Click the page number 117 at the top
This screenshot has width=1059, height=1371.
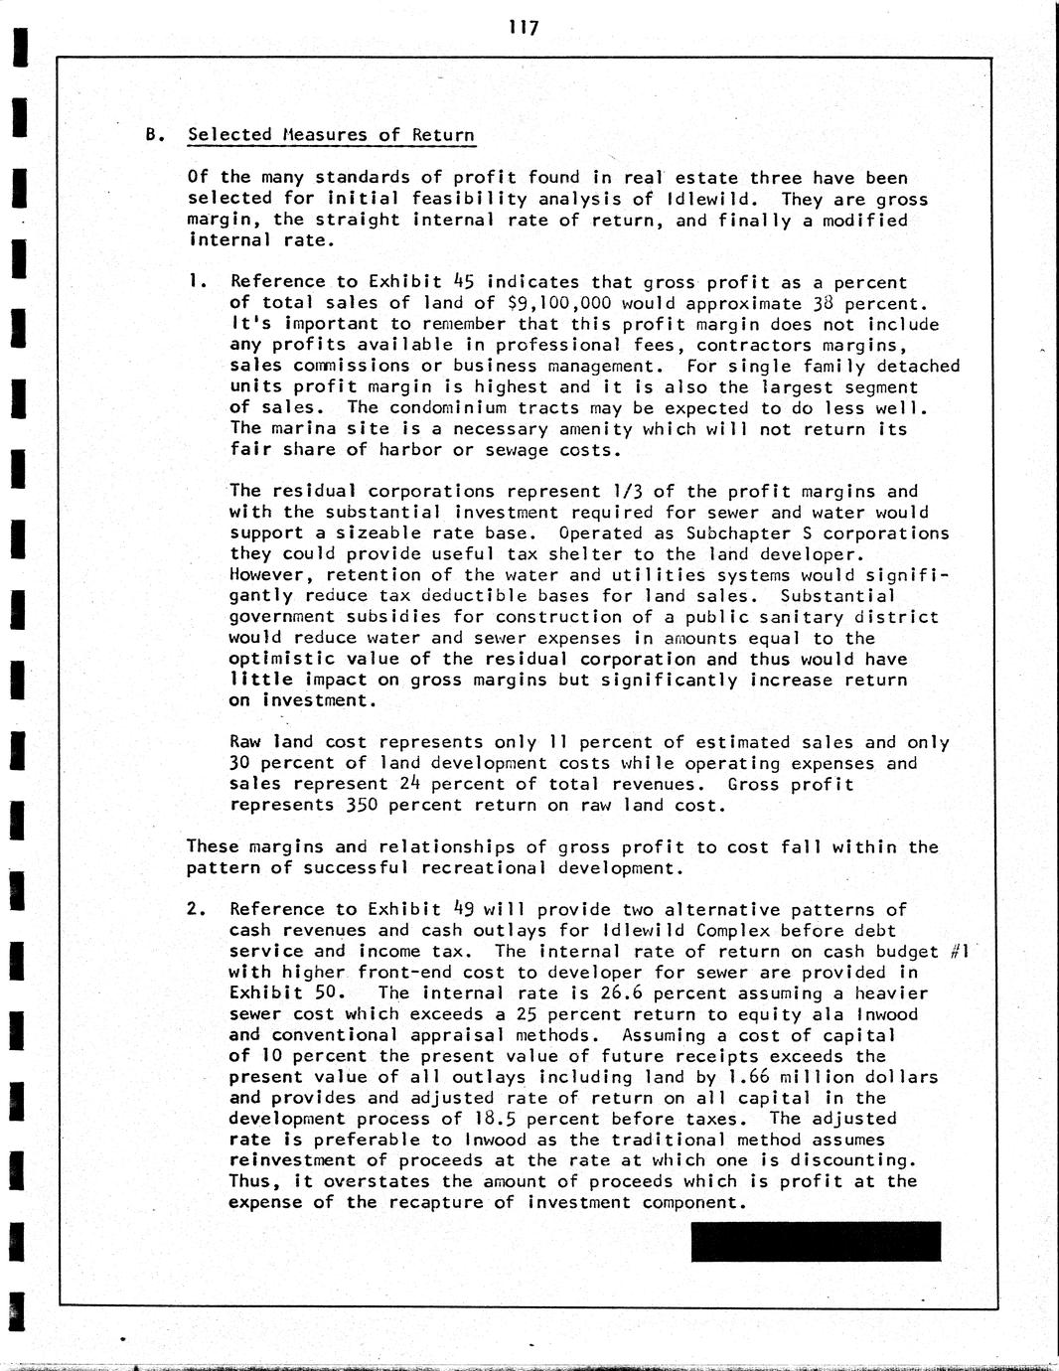[523, 28]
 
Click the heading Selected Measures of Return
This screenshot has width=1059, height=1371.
[331, 135]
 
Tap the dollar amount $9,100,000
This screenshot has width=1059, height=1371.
[558, 303]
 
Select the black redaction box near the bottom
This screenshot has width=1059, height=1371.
[816, 1241]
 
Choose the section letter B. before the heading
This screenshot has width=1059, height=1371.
[153, 135]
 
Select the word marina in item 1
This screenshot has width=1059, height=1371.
[302, 429]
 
